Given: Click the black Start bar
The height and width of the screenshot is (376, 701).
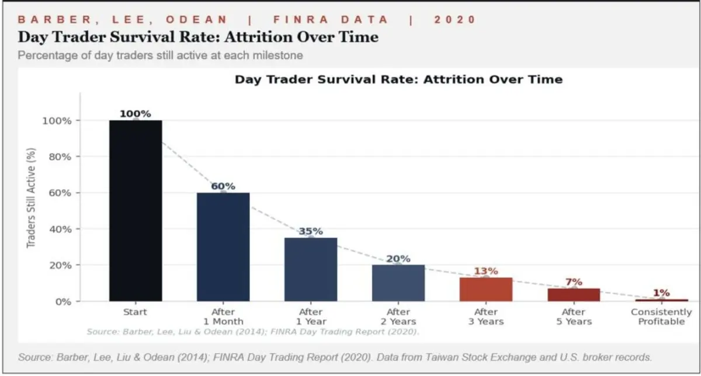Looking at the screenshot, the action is [136, 211].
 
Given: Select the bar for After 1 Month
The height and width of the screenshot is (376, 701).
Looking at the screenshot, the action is [223, 247].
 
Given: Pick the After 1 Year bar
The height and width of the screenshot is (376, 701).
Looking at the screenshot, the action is [311, 269].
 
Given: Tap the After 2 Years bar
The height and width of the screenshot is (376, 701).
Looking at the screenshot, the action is [398, 283].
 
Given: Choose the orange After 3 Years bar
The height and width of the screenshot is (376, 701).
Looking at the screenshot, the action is [486, 290].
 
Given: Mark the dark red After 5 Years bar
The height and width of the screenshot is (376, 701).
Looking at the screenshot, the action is [574, 295].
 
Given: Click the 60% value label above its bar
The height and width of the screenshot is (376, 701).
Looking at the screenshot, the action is [223, 186].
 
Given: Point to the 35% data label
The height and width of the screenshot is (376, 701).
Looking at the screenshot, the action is [311, 231].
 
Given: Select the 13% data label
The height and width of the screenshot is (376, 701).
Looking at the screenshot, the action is [486, 271].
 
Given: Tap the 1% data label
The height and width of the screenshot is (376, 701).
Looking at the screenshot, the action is [661, 293].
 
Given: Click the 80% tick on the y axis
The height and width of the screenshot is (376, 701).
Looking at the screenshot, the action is [60, 156].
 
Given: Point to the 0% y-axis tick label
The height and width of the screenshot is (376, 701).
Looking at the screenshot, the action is [63, 302].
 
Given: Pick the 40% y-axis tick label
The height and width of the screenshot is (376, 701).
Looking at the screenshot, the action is [60, 229].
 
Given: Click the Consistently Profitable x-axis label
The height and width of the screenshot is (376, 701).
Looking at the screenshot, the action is [661, 316].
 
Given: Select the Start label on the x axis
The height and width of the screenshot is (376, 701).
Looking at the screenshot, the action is [135, 312].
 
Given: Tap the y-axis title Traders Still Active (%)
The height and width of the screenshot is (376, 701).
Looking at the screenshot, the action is [31, 198].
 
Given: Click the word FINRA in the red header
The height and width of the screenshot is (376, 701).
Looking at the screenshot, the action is [301, 20].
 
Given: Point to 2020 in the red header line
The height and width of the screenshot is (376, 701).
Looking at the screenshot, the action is [454, 20].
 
